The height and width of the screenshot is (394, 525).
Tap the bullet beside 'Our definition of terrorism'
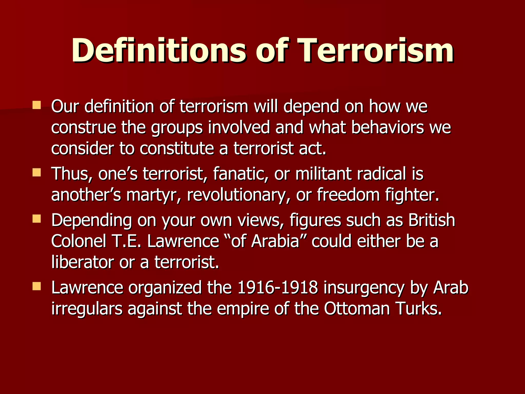coord(37,105)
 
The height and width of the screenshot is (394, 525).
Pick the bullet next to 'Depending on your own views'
coord(37,219)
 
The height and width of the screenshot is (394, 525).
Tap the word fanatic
coord(240,174)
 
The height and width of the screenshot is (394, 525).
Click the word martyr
coord(153,195)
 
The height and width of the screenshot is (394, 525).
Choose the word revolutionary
coord(238,195)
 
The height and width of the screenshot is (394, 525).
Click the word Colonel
coord(78,241)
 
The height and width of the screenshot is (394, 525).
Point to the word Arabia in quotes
coord(275,241)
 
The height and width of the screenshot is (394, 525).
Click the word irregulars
coord(87,309)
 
